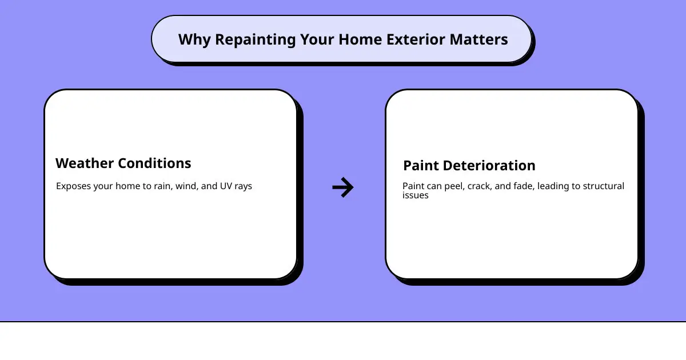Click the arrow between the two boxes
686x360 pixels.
(343, 187)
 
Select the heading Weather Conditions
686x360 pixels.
(123, 163)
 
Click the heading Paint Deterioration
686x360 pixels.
(469, 166)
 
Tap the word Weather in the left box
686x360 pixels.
(84, 163)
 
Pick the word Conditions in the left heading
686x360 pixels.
(154, 163)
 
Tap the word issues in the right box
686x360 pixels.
(415, 195)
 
